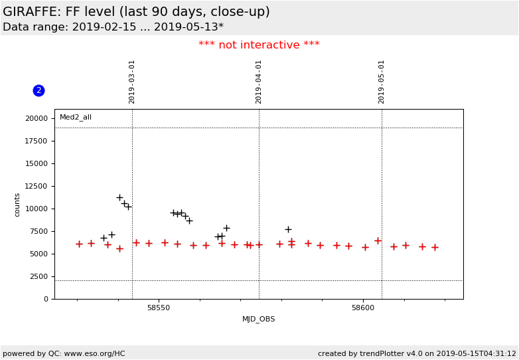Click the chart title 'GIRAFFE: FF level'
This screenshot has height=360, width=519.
click(x=136, y=12)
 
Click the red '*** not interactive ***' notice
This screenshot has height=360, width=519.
click(x=259, y=45)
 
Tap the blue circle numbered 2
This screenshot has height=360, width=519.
click(x=38, y=90)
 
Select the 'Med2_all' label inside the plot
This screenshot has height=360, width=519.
click(x=76, y=118)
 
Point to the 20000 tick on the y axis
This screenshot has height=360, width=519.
click(x=37, y=118)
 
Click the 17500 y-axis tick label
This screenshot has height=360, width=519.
click(x=37, y=141)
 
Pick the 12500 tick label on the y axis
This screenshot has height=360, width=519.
click(x=37, y=186)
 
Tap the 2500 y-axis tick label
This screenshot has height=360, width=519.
click(x=39, y=276)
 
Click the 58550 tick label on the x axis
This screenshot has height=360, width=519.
click(x=159, y=308)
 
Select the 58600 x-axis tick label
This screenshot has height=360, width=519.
click(x=363, y=308)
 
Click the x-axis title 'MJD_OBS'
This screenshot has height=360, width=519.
click(x=259, y=319)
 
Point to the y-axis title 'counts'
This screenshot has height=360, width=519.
click(x=18, y=205)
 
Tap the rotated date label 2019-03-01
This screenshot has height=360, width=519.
click(x=132, y=82)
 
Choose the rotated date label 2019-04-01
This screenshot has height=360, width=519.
click(x=259, y=82)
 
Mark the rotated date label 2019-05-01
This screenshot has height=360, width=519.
click(x=382, y=82)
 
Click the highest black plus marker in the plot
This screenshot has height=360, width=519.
click(x=119, y=197)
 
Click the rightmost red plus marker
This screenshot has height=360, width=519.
click(x=435, y=247)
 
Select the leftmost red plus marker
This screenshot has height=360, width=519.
click(x=79, y=244)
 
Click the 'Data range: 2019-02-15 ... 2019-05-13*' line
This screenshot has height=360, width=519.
click(x=113, y=27)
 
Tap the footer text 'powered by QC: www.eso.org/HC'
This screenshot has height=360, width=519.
click(x=64, y=353)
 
